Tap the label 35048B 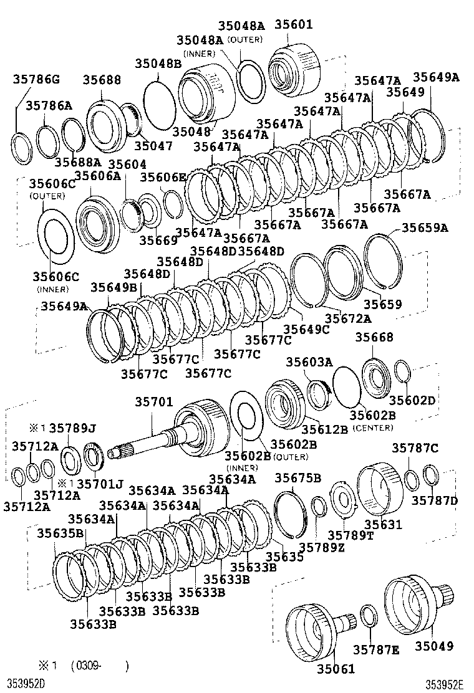(158, 63)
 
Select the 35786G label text (37, 79)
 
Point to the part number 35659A (424, 228)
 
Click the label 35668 (374, 337)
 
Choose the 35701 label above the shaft (153, 403)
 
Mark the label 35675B (298, 478)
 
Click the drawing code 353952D (27, 684)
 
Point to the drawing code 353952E (445, 684)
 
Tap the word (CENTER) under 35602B (373, 428)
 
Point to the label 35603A (309, 362)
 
